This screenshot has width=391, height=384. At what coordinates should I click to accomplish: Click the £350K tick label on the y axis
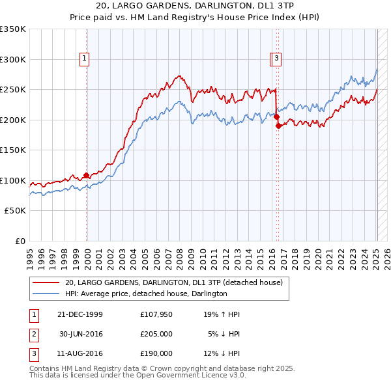click(13, 29)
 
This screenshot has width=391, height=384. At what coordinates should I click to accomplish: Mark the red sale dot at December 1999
click(87, 176)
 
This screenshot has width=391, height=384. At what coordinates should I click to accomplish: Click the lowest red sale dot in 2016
click(278, 126)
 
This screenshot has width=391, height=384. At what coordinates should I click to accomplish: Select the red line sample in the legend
click(46, 283)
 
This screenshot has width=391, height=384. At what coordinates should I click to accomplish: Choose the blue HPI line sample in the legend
click(46, 294)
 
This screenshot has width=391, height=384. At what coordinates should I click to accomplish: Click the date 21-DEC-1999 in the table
click(80, 314)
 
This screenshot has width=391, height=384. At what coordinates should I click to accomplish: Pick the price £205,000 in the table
click(156, 334)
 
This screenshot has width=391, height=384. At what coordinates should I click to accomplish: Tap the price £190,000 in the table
click(156, 353)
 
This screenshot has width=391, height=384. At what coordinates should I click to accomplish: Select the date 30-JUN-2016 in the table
click(81, 334)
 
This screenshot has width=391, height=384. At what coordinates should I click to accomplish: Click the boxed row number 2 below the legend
click(34, 334)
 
